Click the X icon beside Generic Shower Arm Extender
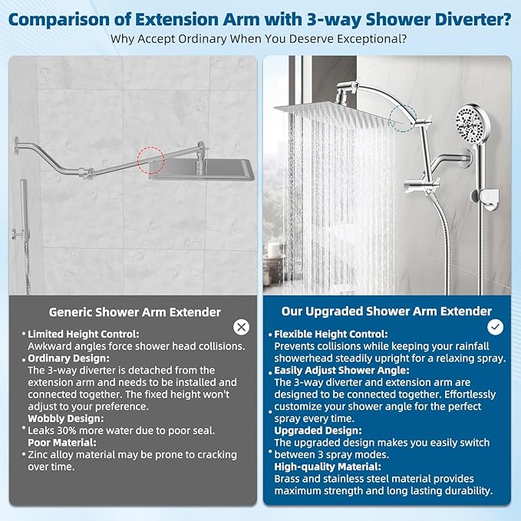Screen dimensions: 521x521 point(242,327)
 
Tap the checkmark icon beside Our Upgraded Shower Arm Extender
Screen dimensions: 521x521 point(496,327)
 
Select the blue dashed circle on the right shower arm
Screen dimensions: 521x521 point(404,119)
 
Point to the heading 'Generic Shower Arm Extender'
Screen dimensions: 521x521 point(135,312)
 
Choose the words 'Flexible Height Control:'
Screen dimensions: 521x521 point(331,335)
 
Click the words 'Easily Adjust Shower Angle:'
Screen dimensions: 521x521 point(340,370)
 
